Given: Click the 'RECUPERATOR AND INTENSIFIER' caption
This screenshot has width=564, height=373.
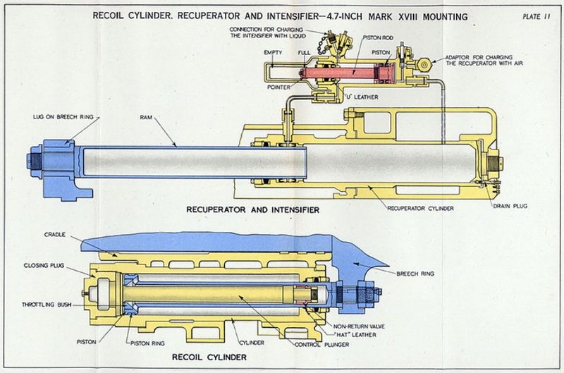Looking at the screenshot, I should tap(253, 209).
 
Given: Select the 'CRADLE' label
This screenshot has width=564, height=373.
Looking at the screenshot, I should tap(56, 234).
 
